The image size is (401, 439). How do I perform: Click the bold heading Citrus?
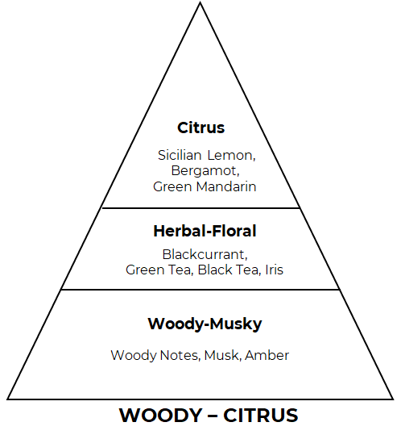[x=201, y=128]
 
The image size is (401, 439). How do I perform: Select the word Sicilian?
[x=180, y=155]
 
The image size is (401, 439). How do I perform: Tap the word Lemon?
[x=231, y=156]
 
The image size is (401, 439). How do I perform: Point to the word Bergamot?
[x=205, y=171]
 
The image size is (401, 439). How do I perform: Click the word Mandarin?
[x=226, y=186]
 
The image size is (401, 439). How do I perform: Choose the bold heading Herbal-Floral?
[x=205, y=232]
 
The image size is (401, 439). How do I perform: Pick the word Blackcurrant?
[x=205, y=255]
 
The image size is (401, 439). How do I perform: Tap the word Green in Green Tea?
[x=145, y=270]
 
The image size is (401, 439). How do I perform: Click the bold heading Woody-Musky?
[x=205, y=324]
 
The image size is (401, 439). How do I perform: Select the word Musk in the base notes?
[x=222, y=356]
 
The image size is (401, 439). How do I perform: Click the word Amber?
[x=267, y=356]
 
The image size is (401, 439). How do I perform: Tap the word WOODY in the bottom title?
[x=161, y=416]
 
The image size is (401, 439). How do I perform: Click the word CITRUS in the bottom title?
[x=261, y=416]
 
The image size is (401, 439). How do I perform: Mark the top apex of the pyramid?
[x=200, y=2]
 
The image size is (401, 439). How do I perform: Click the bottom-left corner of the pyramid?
[x=8, y=399]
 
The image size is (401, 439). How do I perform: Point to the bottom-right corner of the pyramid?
[x=393, y=399]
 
